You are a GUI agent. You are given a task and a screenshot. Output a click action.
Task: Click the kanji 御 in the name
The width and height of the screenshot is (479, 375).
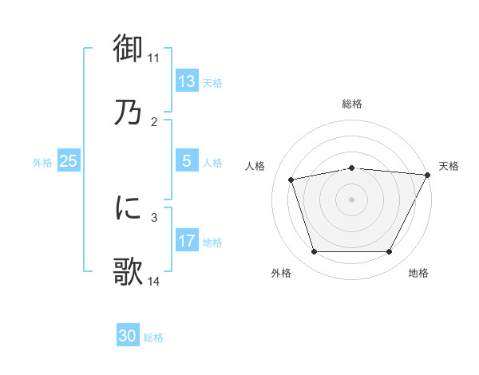[x=128, y=49]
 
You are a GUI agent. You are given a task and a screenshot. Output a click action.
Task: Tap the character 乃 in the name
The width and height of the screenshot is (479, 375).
[x=128, y=112]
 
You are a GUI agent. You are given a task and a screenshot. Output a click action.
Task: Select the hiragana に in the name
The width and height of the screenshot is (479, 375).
[x=128, y=208]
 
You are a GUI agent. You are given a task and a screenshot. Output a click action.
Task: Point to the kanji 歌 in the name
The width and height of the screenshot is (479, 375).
[x=128, y=271]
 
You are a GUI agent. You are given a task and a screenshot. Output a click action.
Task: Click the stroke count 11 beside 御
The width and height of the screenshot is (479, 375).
[x=154, y=58]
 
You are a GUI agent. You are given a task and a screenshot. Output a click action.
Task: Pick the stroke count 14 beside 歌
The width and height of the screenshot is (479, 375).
[x=154, y=281]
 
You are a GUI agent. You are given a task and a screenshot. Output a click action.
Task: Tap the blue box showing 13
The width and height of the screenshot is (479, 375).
[x=186, y=81]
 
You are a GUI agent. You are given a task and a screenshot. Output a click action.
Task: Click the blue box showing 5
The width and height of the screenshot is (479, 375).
[x=186, y=161]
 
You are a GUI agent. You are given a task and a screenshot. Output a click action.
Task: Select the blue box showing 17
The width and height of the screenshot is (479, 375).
[x=186, y=241]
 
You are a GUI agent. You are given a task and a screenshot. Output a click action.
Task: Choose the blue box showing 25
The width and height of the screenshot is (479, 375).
[x=68, y=161]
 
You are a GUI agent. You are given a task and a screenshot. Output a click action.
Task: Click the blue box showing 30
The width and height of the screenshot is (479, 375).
[x=128, y=336]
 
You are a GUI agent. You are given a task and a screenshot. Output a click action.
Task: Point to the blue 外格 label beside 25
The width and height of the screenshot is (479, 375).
[x=42, y=163]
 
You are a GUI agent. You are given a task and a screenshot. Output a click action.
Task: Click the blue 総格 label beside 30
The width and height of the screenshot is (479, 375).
[x=153, y=337]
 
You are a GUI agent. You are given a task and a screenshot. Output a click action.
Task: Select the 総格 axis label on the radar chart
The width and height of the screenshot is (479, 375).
[x=351, y=104]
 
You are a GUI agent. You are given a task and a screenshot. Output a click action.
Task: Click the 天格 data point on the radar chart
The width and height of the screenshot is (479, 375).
[x=428, y=174]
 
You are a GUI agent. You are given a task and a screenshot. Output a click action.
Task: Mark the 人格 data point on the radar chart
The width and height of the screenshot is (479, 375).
[x=291, y=180]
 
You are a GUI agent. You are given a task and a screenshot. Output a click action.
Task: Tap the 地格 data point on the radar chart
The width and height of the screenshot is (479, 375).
[x=389, y=251]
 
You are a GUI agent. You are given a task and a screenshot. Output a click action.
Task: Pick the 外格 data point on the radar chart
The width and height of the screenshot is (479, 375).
[x=314, y=251]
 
